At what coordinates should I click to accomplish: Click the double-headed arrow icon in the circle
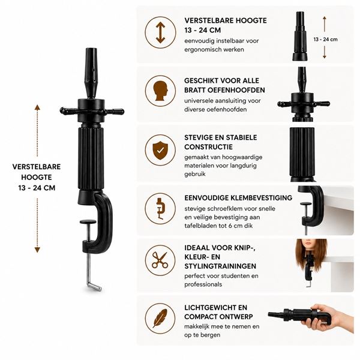click(160, 32)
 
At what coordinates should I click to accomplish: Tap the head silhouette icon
click(160, 91)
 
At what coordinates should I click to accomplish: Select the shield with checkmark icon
click(160, 150)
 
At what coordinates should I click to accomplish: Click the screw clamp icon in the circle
click(160, 208)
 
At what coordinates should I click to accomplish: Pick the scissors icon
click(160, 260)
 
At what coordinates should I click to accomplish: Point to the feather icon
click(160, 318)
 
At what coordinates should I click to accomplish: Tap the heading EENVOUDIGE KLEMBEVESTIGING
click(238, 197)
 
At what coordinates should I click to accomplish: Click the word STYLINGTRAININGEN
click(220, 266)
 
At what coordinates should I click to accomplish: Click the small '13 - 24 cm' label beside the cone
click(326, 40)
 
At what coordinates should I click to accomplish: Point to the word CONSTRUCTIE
click(208, 147)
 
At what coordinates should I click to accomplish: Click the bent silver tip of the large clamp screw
click(94, 286)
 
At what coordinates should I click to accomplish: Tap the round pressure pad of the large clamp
click(88, 222)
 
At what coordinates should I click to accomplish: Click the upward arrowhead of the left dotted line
click(37, 107)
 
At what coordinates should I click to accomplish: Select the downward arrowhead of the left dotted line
click(37, 250)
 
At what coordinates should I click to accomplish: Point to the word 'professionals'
click(203, 284)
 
